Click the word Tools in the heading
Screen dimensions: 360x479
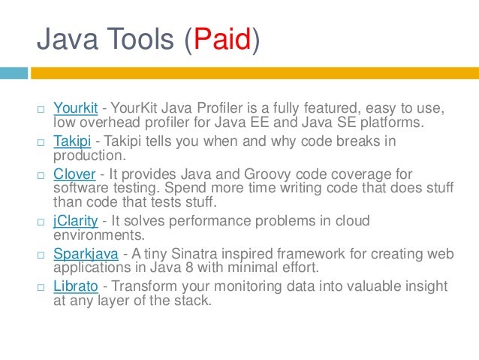coord(140,40)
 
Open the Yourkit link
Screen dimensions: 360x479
coord(77,110)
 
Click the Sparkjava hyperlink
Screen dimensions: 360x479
coord(86,253)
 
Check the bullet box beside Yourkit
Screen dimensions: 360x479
coord(41,110)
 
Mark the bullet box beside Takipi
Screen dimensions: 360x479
coord(41,143)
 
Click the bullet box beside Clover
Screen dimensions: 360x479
coord(41,175)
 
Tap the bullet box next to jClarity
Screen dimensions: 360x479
coord(41,222)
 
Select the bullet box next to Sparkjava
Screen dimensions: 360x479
coord(41,254)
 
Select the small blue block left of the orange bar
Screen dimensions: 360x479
coord(14,74)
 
